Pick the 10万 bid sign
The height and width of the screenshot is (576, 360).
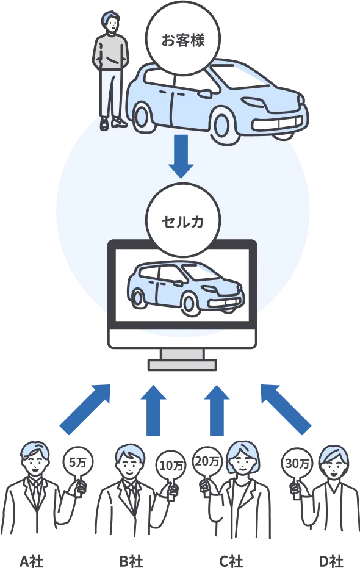coord(170,465)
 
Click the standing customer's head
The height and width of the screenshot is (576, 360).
coord(110,23)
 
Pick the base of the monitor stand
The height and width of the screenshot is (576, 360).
coord(182,365)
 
